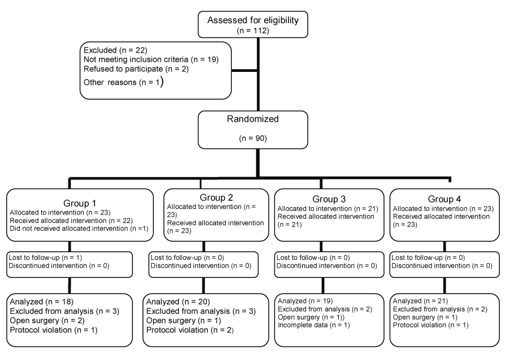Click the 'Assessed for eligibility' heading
point(253,20)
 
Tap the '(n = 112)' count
point(253,31)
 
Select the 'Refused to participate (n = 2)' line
point(136,69)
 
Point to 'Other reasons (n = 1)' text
point(123,82)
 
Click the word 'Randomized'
point(253,119)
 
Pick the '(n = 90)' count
point(253,139)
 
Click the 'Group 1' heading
point(80,203)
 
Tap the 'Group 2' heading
point(216,198)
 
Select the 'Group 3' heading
point(329,199)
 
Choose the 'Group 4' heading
point(445,199)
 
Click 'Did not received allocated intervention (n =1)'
point(79,229)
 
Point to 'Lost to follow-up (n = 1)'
point(45,258)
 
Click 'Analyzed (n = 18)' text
point(41,302)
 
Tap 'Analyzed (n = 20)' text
point(178,302)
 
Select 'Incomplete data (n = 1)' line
point(313,325)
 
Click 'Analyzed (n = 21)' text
point(420,301)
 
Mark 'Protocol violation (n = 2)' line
point(190,330)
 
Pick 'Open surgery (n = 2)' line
point(47,321)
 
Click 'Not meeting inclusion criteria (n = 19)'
point(151,59)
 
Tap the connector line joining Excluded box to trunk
point(245,71)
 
